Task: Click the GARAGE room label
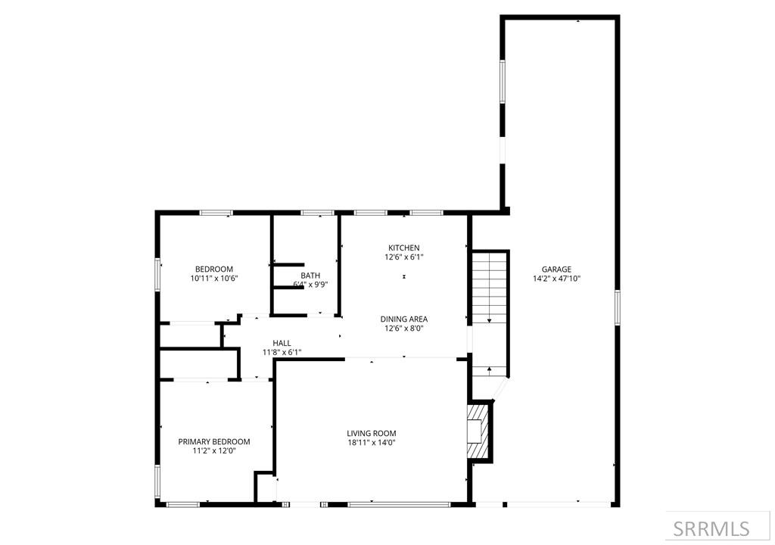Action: (x=556, y=269)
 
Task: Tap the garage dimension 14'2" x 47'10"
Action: (x=556, y=279)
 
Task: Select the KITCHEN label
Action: (x=403, y=248)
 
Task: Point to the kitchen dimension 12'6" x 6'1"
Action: (x=403, y=257)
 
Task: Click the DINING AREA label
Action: (x=403, y=319)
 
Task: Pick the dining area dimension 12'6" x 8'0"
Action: (x=403, y=329)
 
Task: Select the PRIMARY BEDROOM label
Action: (x=214, y=442)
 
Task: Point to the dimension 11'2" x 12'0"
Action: (x=214, y=451)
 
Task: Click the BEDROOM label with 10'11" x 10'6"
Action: (x=214, y=269)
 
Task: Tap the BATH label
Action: (x=310, y=276)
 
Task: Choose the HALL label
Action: (x=282, y=343)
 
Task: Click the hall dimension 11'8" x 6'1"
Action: (x=282, y=352)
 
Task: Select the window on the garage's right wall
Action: (x=618, y=306)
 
